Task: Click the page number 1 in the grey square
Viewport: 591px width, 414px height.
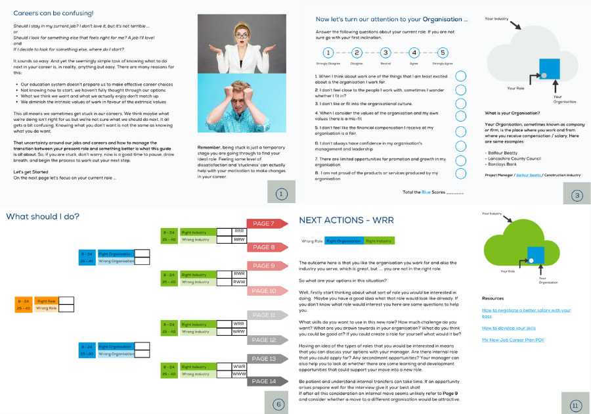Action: coord(280,194)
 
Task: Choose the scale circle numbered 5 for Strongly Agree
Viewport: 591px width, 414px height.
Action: coord(443,53)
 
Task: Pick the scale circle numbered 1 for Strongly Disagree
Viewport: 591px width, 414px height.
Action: coord(327,53)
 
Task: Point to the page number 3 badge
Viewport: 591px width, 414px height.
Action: coord(576,195)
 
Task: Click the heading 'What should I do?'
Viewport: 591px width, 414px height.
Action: coord(43,216)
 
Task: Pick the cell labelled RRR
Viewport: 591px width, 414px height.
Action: coord(240,231)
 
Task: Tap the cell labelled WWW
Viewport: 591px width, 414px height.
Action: coord(240,374)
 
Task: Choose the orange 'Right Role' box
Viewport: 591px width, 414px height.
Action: coord(46,300)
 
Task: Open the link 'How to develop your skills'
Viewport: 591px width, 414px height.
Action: coord(509,327)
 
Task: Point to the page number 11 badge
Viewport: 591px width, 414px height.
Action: coord(576,405)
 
